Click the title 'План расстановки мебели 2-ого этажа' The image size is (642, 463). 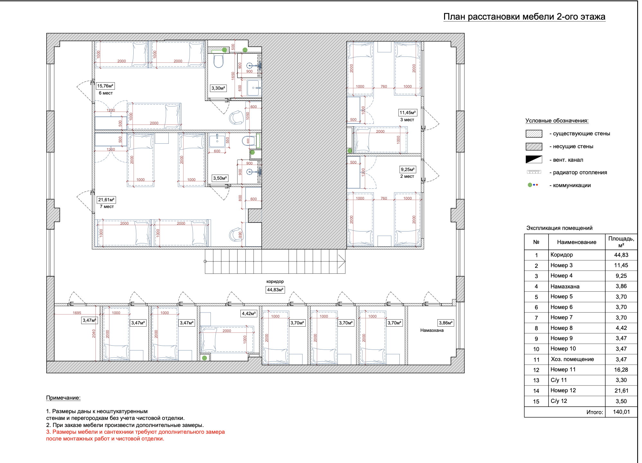(524, 17)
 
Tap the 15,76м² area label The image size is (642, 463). (105, 86)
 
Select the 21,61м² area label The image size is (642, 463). (106, 200)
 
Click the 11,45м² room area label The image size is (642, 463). (408, 113)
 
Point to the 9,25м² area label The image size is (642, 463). (408, 169)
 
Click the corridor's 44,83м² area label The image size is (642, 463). (275, 290)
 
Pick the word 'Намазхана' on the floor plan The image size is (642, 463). (432, 330)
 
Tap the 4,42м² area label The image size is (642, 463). (249, 313)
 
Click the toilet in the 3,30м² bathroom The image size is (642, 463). (218, 61)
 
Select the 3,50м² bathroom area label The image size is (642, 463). (220, 178)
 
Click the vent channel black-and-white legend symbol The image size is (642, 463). (534, 159)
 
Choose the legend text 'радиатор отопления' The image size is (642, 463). (580, 172)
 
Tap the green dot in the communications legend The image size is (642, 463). (530, 185)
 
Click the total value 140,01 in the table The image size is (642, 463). (621, 412)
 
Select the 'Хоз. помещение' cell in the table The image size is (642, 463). (572, 359)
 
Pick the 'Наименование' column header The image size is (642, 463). (576, 242)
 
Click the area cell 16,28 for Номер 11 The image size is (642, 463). (621, 370)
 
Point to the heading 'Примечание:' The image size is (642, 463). (63, 398)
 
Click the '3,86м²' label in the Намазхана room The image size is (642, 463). (446, 323)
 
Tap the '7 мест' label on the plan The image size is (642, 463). (107, 206)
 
